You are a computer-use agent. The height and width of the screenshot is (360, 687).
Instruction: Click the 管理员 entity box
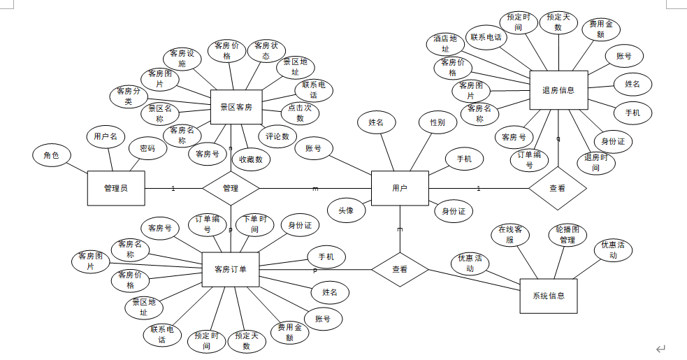(x=116, y=188)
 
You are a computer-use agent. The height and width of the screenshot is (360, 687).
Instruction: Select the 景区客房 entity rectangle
(x=236, y=107)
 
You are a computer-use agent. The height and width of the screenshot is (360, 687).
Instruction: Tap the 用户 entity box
(x=400, y=188)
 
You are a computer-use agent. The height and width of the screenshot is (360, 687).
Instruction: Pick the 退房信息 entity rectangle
(x=558, y=90)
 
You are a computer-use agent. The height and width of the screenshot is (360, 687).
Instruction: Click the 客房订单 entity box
(x=231, y=269)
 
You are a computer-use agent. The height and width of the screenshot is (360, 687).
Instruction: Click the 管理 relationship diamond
(x=231, y=188)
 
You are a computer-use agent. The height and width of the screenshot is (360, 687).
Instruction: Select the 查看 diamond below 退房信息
(x=557, y=188)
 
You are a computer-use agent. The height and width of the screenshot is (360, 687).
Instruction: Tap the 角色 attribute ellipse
(x=52, y=155)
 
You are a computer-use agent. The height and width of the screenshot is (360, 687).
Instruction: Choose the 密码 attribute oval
(x=147, y=148)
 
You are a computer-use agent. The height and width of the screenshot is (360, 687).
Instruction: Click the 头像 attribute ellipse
(x=346, y=210)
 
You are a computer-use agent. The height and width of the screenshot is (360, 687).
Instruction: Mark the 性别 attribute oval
(x=437, y=122)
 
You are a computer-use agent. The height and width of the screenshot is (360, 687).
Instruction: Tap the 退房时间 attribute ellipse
(x=595, y=162)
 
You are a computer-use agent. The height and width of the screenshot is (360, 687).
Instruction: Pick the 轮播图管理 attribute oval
(x=567, y=234)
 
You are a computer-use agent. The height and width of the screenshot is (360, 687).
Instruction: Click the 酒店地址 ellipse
(x=445, y=44)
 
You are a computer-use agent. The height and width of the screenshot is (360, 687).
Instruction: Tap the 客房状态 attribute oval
(x=266, y=50)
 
